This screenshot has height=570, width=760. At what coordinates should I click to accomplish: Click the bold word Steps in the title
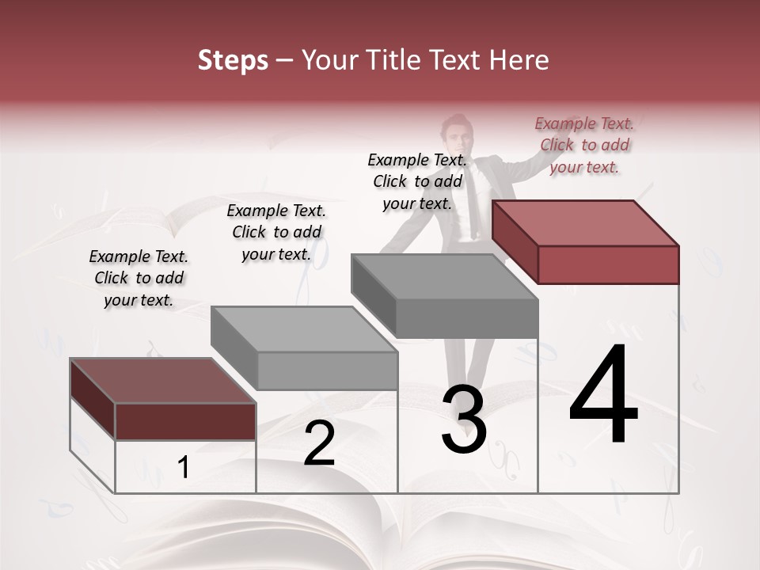click(x=233, y=60)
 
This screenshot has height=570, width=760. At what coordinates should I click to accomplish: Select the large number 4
click(x=603, y=396)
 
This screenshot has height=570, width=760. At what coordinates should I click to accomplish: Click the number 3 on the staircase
click(x=463, y=420)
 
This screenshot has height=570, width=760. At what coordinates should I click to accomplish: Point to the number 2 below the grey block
click(x=319, y=443)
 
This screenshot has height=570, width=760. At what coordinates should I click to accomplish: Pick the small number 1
click(x=184, y=468)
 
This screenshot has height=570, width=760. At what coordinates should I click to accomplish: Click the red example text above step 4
click(x=584, y=145)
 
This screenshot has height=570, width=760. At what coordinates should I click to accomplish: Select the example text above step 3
click(x=417, y=181)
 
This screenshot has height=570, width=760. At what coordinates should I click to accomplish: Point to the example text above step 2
click(x=276, y=232)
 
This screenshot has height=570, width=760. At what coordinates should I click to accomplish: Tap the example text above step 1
click(x=139, y=278)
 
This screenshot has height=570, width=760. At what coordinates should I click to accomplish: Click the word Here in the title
click(x=519, y=60)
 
